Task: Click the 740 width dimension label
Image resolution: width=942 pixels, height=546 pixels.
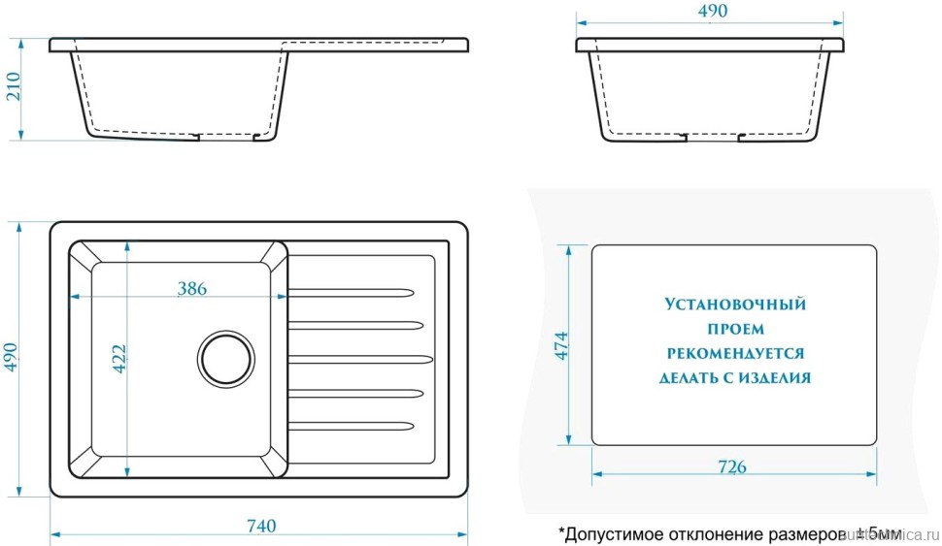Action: pyautogui.click(x=261, y=527)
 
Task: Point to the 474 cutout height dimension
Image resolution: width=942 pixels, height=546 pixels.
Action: pyautogui.click(x=560, y=346)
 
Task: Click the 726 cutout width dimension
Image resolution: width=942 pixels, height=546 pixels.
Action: pyautogui.click(x=732, y=467)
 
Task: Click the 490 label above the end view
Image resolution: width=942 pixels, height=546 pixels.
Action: pyautogui.click(x=712, y=11)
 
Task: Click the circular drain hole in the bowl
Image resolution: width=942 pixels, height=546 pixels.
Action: pyautogui.click(x=226, y=358)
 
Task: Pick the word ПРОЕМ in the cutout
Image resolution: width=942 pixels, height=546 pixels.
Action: pyautogui.click(x=735, y=329)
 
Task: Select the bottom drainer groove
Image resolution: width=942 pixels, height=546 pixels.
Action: pyautogui.click(x=353, y=425)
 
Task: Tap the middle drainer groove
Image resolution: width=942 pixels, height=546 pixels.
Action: pyautogui.click(x=359, y=358)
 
